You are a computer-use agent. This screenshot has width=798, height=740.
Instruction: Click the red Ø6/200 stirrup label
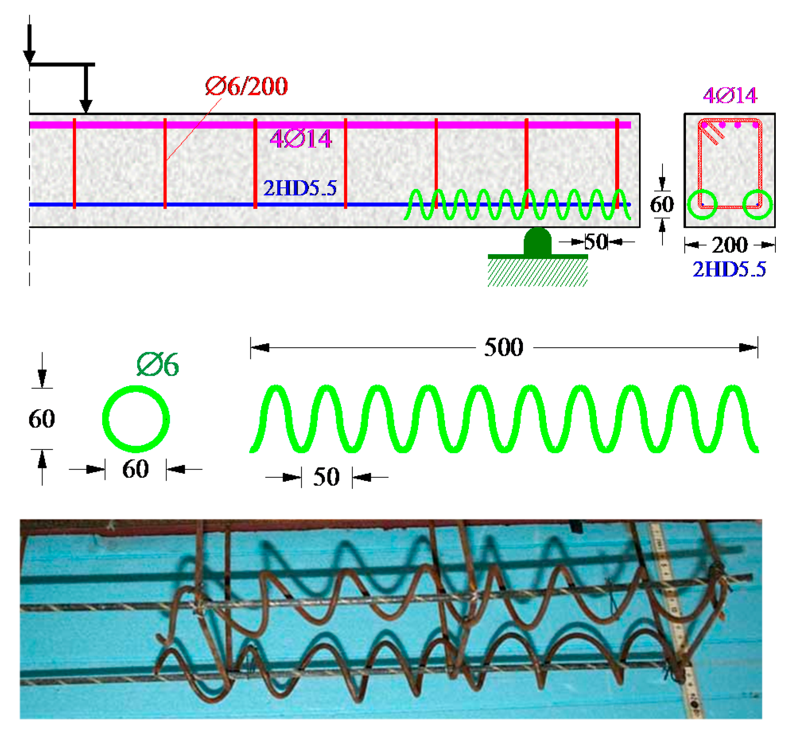(246, 86)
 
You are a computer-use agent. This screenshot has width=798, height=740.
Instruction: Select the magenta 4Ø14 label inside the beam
(300, 139)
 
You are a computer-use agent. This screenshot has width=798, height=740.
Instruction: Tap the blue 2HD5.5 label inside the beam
(300, 188)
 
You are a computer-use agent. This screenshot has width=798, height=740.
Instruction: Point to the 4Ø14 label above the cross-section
(730, 95)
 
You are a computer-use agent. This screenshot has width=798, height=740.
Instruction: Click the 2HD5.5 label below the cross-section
(729, 269)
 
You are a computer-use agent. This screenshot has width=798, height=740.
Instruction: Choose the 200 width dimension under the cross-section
(729, 245)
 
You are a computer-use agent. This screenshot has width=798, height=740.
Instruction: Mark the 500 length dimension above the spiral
(504, 347)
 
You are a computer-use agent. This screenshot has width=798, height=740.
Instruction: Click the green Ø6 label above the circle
(157, 364)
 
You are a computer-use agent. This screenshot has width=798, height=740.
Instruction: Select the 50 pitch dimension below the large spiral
(326, 476)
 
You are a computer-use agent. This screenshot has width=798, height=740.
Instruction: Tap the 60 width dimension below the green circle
(135, 468)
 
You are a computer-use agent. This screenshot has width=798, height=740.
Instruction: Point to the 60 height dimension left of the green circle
(42, 418)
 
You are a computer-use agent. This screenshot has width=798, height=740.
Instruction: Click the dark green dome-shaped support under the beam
(537, 241)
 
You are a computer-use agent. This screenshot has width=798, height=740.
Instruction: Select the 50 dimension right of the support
(596, 241)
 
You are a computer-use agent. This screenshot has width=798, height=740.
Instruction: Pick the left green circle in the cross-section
(702, 205)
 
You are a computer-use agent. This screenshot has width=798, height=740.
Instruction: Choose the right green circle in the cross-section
(757, 205)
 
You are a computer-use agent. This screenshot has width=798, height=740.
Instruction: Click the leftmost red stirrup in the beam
(74, 163)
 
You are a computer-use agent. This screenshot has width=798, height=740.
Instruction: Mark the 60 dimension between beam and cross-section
(662, 204)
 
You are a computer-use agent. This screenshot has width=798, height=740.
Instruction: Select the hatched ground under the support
(537, 272)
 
